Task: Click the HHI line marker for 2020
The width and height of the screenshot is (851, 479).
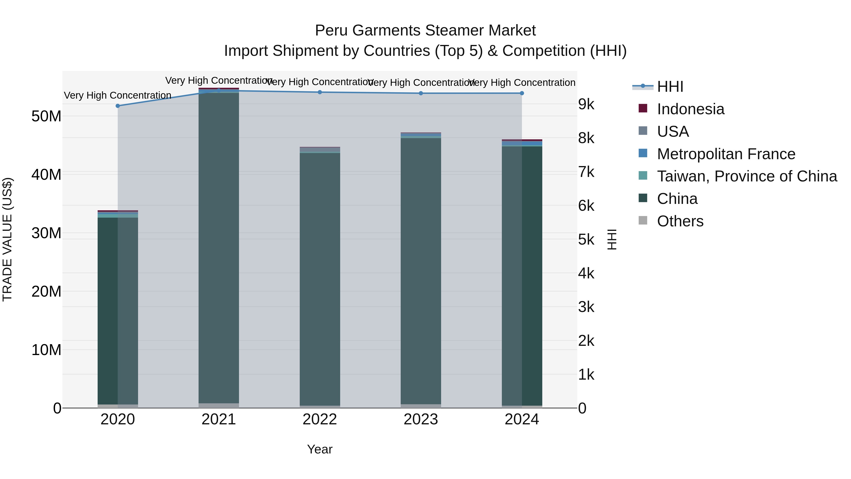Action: [118, 106]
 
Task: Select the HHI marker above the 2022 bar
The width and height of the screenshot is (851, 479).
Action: [319, 92]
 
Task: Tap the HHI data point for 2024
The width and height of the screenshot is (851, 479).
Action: [522, 93]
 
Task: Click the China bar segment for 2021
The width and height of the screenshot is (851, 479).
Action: [218, 248]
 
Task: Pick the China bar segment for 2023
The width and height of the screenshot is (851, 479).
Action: [421, 271]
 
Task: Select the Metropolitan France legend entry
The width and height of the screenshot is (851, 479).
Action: [726, 154]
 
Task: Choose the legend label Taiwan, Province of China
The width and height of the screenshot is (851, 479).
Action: [747, 176]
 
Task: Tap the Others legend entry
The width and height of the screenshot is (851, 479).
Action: [680, 221]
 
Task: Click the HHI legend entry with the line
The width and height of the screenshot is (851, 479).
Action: [670, 87]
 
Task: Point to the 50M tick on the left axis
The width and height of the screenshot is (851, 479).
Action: [46, 116]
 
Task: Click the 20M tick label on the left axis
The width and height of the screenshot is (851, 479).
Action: [46, 292]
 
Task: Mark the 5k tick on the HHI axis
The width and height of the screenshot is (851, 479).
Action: [586, 239]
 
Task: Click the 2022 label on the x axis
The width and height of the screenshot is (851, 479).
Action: [319, 419]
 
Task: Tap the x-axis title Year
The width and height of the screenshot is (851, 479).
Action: [319, 449]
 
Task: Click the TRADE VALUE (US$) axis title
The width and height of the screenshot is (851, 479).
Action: [7, 239]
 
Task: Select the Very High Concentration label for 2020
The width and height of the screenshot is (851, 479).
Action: [118, 95]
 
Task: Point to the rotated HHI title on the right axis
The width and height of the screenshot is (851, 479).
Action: [612, 239]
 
